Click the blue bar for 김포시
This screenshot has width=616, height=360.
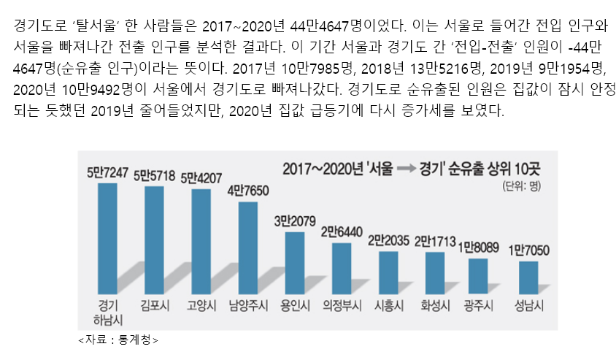click(x=154, y=238)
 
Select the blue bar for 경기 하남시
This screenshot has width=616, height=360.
click(x=107, y=236)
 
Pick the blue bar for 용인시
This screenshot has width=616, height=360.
click(x=294, y=261)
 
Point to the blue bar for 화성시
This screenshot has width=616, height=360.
click(x=434, y=271)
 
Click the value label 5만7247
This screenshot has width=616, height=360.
click(x=107, y=173)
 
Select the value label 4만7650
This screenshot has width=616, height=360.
click(x=247, y=191)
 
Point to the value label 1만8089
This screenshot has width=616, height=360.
click(x=478, y=248)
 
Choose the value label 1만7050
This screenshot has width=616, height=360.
click(x=528, y=250)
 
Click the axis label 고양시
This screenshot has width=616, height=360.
click(x=201, y=305)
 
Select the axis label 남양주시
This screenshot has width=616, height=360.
click(x=247, y=305)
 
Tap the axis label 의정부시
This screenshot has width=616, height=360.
click(x=341, y=305)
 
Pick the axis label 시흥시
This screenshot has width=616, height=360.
click(x=388, y=305)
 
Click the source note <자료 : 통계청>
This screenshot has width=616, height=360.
click(x=118, y=339)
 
